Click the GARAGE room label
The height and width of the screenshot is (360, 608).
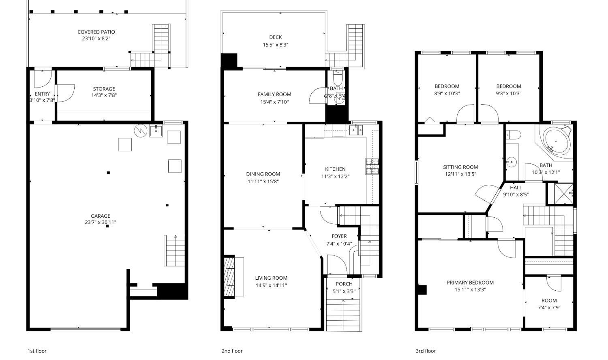pyautogui.click(x=100, y=216)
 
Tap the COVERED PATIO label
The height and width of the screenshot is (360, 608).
pyautogui.click(x=96, y=32)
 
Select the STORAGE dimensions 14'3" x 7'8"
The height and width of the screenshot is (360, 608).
pyautogui.click(x=104, y=96)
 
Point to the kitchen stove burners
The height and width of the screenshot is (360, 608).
pyautogui.click(x=372, y=166)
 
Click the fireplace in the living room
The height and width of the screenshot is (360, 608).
pyautogui.click(x=230, y=276)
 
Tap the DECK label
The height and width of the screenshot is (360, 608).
pyautogui.click(x=275, y=37)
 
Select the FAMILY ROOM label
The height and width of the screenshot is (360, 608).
pyautogui.click(x=274, y=94)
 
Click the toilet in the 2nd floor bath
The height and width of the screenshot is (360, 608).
pyautogui.click(x=337, y=77)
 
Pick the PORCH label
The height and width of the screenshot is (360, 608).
pyautogui.click(x=344, y=284)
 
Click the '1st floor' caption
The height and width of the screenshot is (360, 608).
pyautogui.click(x=37, y=351)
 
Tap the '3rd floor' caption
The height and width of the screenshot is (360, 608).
pyautogui.click(x=426, y=351)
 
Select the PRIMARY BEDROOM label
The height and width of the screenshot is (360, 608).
pyautogui.click(x=470, y=283)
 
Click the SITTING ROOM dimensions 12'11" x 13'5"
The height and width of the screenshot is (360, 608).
pyautogui.click(x=460, y=174)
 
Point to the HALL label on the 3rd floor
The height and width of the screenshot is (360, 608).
pyautogui.click(x=516, y=188)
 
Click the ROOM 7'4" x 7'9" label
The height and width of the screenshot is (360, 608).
pyautogui.click(x=549, y=300)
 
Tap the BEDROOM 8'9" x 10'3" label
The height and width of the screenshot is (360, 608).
pyautogui.click(x=447, y=86)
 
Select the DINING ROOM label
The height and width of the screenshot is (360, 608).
pyautogui.click(x=263, y=174)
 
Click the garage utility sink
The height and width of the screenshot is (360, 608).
pyautogui.click(x=156, y=131)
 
